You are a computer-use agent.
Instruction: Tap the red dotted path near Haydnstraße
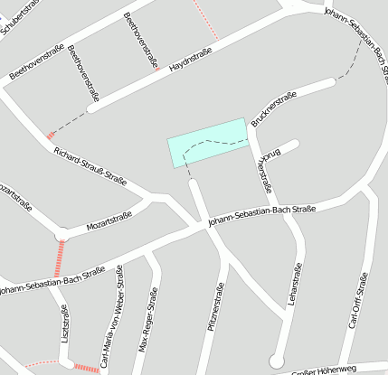click(x=204, y=20)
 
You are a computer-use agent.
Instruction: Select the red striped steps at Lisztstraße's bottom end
click(x=86, y=367)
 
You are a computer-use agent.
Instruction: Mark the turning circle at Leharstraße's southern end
click(x=277, y=361)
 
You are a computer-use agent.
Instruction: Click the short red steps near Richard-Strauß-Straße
click(x=50, y=136)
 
